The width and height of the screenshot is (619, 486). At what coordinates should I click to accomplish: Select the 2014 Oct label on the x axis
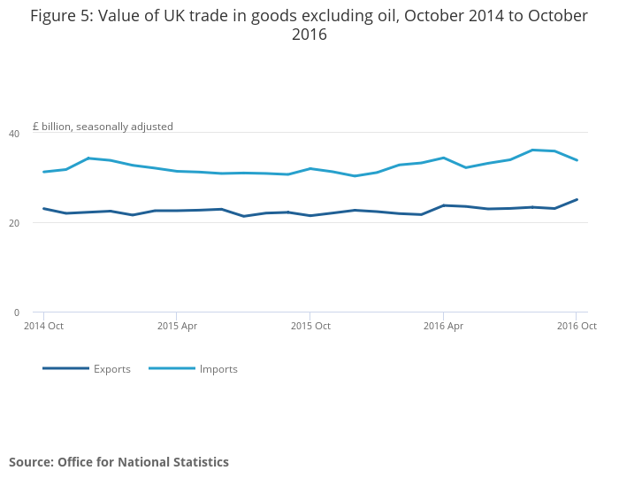[x=44, y=326]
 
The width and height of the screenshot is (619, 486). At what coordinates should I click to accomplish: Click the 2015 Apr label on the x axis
[x=177, y=326]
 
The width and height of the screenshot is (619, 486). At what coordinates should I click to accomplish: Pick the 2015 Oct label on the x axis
[x=310, y=326]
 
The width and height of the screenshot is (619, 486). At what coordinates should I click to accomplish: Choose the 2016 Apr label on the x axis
[x=443, y=326]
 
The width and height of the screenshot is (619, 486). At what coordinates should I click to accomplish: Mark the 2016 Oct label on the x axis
[x=577, y=326]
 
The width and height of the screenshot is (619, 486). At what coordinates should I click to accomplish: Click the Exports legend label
[x=112, y=369]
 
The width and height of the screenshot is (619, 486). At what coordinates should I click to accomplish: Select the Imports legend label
[x=218, y=369]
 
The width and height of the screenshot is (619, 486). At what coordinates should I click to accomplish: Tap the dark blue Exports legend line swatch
[x=65, y=368]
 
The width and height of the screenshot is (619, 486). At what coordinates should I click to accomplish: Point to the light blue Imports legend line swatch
[x=172, y=368]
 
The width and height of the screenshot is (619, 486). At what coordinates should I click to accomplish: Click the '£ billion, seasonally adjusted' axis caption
[x=103, y=127]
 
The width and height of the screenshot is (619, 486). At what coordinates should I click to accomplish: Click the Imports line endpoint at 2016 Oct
[x=577, y=160]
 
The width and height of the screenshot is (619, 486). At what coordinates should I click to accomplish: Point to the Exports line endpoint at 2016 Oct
[x=577, y=199]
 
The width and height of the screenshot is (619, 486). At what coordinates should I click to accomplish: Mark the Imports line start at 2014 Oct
[x=44, y=172]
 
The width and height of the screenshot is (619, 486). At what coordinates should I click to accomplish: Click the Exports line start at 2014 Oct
[x=44, y=209]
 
